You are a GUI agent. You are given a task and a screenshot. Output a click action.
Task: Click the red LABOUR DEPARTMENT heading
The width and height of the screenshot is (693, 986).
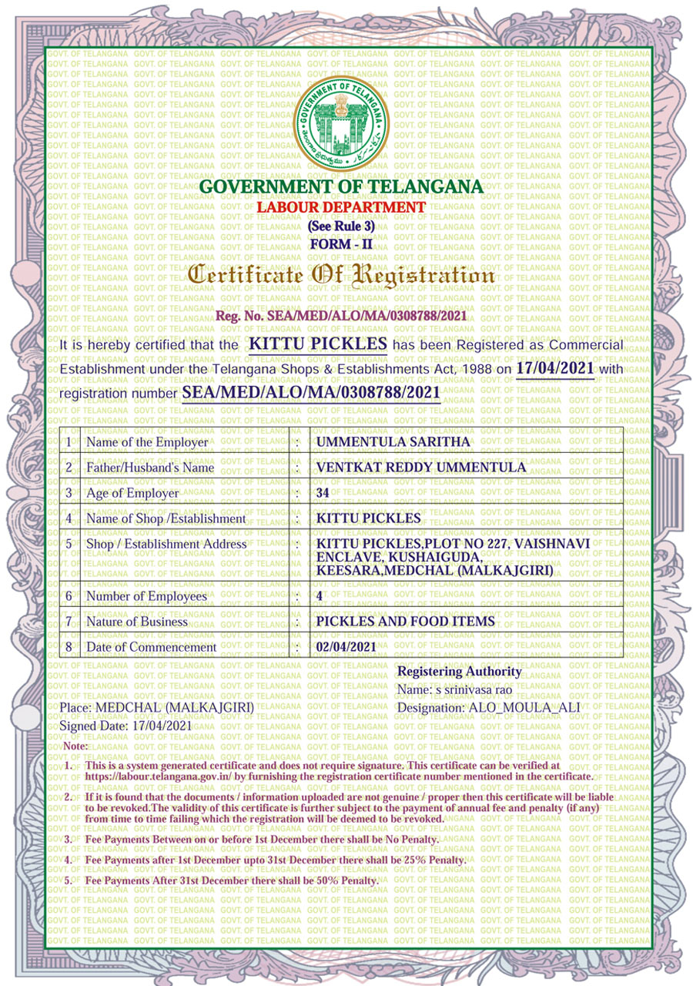coord(341,207)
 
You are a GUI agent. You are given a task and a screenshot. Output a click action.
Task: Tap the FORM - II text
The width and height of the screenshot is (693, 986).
coord(341,244)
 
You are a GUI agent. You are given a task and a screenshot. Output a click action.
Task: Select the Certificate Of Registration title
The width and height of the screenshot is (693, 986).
coord(341,274)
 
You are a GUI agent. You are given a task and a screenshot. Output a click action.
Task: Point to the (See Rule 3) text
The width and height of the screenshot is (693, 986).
coord(341,226)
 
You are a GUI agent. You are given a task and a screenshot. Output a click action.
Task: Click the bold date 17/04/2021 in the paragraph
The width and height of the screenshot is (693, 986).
coord(555,368)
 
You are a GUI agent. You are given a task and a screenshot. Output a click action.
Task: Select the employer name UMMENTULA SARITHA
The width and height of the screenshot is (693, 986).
coord(393,442)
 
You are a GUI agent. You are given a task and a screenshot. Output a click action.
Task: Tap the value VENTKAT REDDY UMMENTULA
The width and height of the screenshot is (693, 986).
coord(421,468)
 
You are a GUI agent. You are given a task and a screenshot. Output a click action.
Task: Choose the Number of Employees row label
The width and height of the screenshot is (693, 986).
coord(146,596)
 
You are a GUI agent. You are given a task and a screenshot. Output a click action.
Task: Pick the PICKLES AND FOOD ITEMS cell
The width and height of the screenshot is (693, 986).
coord(406,622)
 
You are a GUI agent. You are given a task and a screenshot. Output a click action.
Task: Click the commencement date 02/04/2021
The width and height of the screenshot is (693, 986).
coord(346,647)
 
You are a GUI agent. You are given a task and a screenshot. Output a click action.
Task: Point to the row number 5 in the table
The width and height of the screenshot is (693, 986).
coord(69,544)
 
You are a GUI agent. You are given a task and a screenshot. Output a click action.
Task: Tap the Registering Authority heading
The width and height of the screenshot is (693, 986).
coord(459,672)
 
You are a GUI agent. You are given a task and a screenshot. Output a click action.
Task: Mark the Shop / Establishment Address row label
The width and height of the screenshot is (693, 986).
coord(166,544)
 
